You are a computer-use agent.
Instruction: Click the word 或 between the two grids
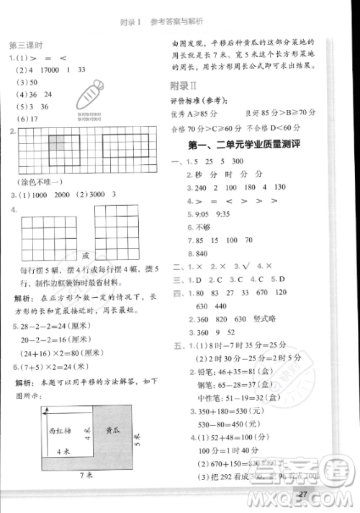point(85,255)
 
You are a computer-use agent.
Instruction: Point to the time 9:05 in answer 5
point(196,214)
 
